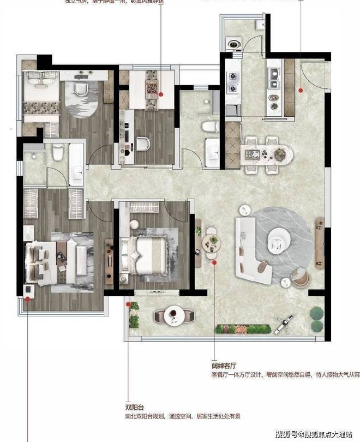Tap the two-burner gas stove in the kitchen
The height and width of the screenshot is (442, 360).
233,82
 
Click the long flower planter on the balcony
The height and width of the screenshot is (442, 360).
243,328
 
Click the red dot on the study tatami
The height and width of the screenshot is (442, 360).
161,93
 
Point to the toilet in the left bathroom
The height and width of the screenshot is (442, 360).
57,155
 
